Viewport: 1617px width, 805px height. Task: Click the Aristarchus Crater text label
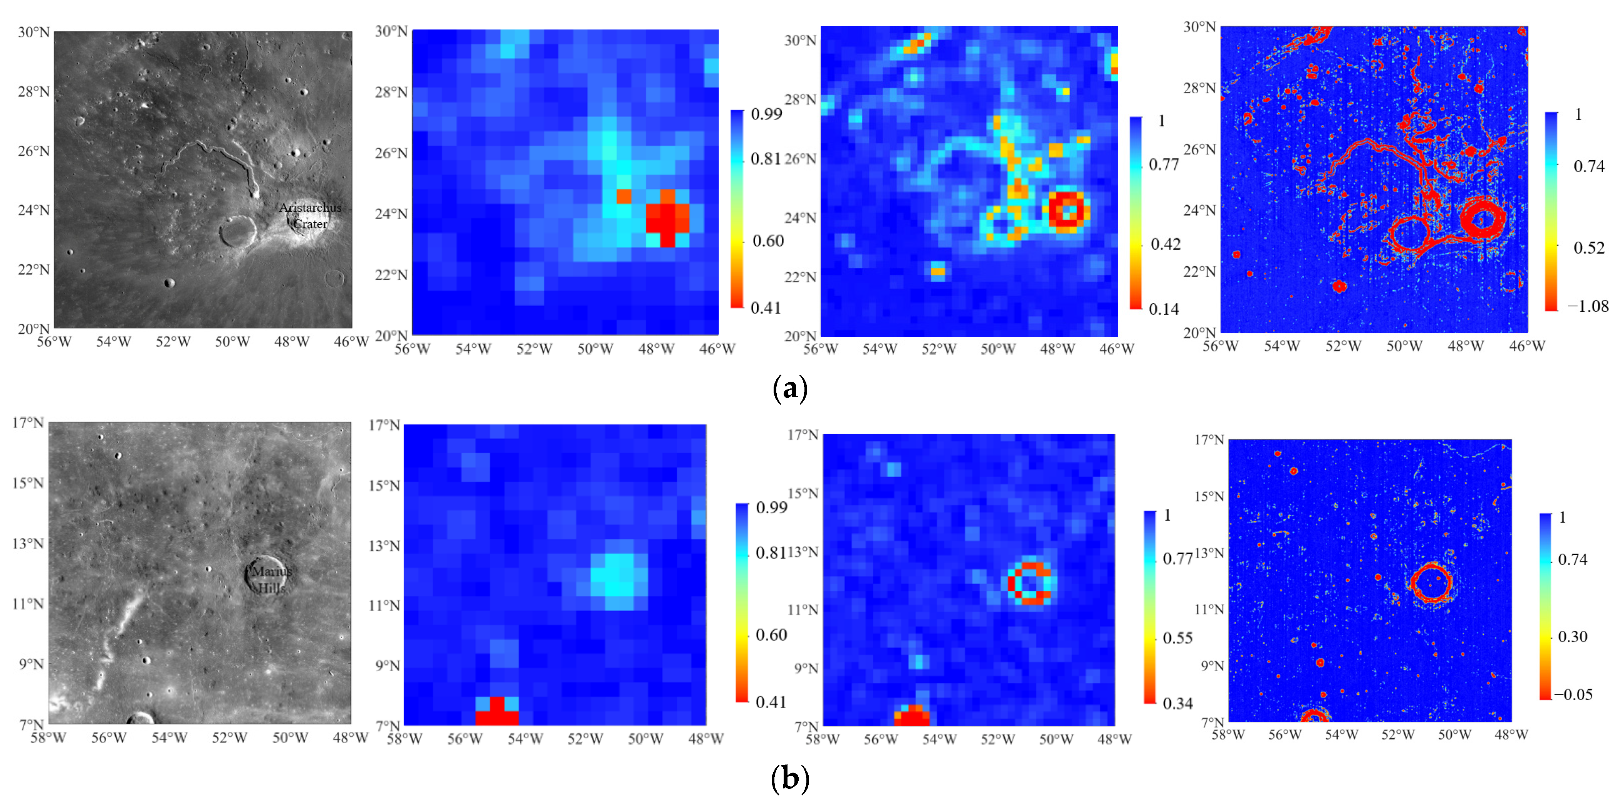(310, 215)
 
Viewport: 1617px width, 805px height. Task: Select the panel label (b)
(790, 779)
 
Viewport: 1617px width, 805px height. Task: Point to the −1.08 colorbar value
(1588, 306)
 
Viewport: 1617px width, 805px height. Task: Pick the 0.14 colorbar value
(1164, 309)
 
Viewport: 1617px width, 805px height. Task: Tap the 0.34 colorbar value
(1178, 703)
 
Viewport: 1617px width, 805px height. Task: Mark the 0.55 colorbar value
(1178, 638)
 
